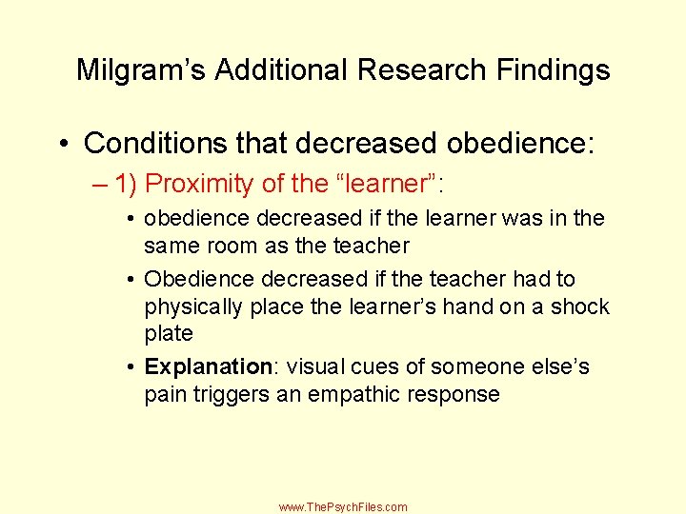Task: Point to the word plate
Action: click(x=169, y=334)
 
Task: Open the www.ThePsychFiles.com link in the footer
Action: click(x=343, y=507)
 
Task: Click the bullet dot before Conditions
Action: click(x=64, y=145)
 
